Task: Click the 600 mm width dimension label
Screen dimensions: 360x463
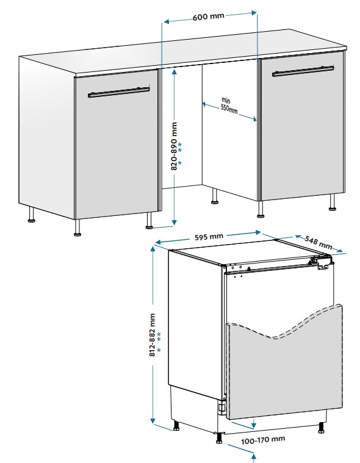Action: pos(209,16)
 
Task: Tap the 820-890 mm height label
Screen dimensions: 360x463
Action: pos(175,146)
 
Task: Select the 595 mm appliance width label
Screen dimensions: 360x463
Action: pos(209,237)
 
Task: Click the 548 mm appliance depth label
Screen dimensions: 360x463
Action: pos(319,242)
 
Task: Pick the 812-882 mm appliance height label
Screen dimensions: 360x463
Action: pos(152,335)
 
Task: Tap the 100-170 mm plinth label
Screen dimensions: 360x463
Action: pos(263,440)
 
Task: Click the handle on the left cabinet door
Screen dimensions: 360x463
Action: pos(119,92)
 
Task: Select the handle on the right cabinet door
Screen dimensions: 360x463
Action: pos(303,71)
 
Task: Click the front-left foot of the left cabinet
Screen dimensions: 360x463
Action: pos(77,228)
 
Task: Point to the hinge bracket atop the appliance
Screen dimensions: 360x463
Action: pos(320,262)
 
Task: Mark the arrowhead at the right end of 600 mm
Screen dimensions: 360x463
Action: pos(254,13)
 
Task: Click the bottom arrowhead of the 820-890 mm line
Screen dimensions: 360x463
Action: pos(175,222)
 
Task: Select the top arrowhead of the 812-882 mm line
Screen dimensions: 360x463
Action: pos(153,249)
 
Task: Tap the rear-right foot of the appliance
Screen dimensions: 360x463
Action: pos(321,428)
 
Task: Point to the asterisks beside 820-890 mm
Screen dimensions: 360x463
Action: pos(180,154)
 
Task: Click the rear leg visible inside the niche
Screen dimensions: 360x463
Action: pos(215,196)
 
